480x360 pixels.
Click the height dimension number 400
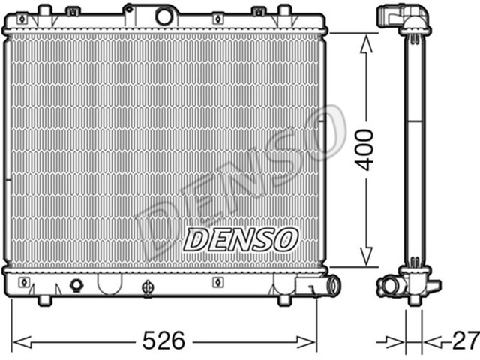pos(365,150)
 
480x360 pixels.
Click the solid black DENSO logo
pos(240,239)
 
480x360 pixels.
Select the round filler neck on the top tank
pos(163,15)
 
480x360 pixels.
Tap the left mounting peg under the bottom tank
pos(44,300)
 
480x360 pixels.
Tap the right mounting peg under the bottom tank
pos(284,300)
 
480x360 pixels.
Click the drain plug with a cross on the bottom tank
pos(148,286)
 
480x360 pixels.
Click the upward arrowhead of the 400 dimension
pos(365,43)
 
